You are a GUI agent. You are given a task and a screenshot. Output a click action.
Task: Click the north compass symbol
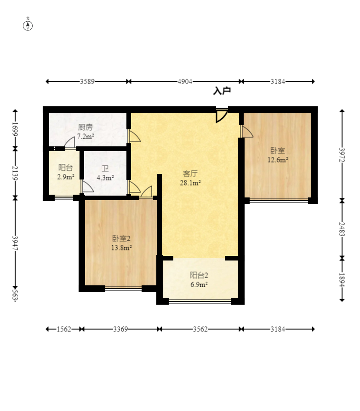[28, 26]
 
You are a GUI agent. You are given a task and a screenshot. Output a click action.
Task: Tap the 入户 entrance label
[222, 91]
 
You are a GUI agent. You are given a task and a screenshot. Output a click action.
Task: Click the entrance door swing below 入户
[222, 116]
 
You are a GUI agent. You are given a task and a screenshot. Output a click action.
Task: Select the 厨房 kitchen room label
[86, 127]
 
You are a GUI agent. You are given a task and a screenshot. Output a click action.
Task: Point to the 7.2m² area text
[86, 136]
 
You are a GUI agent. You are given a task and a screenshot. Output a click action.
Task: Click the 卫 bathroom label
[105, 168]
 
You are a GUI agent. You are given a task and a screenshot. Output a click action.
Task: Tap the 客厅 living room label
[190, 174]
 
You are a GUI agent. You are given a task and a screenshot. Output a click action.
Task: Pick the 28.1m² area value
[190, 183]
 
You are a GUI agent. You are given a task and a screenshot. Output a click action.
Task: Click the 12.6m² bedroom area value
[278, 160]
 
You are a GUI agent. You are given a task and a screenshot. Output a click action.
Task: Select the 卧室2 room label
[121, 238]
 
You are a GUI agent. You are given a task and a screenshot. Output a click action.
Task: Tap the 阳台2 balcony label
[199, 275]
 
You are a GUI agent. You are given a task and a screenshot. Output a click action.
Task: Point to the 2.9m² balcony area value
[66, 177]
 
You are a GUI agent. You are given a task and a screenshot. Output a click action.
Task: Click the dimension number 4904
[185, 81]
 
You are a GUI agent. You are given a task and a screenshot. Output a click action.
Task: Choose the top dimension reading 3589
[87, 81]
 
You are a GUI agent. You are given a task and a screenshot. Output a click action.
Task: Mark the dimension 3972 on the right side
[342, 155]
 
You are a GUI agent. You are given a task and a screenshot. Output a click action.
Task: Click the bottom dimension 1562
[64, 329]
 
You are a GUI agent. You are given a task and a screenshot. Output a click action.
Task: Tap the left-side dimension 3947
[15, 243]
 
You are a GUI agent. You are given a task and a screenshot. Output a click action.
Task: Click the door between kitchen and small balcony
[69, 143]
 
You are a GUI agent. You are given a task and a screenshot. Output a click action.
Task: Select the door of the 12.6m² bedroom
[246, 131]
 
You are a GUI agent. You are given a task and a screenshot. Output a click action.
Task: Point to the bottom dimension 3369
[120, 329]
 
